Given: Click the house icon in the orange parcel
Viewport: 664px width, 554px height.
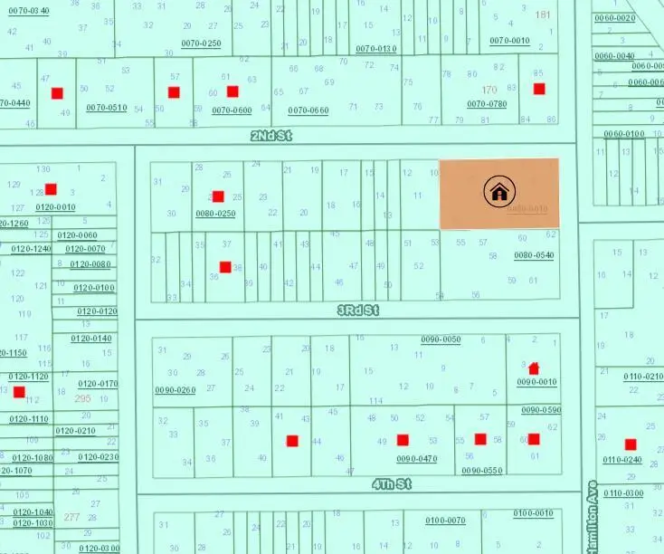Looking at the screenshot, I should click(x=498, y=192).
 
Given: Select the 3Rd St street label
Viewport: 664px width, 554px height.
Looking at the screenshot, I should click(x=358, y=310).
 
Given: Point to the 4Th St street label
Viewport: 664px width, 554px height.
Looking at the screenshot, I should click(x=392, y=484).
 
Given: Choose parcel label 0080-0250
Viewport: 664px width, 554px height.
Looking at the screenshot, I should click(x=215, y=214).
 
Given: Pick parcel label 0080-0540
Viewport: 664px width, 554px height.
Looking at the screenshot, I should click(x=534, y=255).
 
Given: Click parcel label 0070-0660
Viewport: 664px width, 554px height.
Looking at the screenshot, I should click(x=308, y=110).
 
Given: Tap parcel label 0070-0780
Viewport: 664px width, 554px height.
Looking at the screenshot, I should click(x=487, y=103).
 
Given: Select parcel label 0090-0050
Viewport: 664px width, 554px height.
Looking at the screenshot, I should click(x=441, y=339).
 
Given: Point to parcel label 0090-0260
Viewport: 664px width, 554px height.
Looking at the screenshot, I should click(x=175, y=390).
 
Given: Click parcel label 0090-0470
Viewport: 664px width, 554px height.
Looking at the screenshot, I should click(x=417, y=458).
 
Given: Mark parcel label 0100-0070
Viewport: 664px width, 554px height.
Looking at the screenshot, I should click(x=445, y=520).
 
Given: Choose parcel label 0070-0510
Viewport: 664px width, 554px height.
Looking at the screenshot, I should click(x=107, y=107).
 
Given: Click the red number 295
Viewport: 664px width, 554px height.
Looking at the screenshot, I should click(x=83, y=398).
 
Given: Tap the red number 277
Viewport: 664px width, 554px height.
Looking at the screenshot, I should click(x=71, y=517).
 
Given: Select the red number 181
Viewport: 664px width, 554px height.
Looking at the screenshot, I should click(x=543, y=14).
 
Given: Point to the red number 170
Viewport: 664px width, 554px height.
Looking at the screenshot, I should click(x=489, y=90).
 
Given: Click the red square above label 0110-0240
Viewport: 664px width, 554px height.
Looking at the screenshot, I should click(x=631, y=444).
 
